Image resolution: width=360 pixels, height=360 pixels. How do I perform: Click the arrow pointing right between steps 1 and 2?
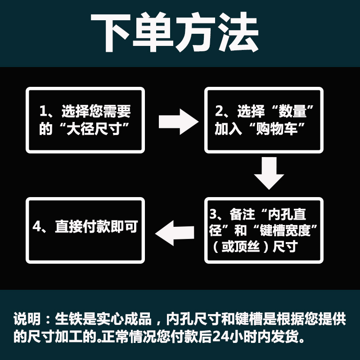(179, 121)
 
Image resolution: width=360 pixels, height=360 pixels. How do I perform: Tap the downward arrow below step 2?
(269, 173)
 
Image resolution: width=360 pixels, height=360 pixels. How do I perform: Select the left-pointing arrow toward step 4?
(175, 232)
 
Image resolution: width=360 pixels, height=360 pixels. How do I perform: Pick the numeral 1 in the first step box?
(43, 111)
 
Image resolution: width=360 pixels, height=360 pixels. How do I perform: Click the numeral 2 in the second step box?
(219, 111)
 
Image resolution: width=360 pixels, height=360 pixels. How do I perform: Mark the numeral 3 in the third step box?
(214, 213)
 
